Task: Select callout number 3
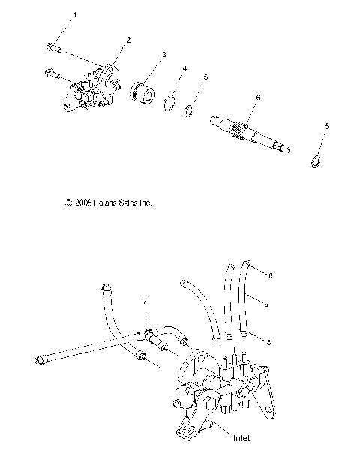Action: pos(164,55)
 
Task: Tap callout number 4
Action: pos(184,69)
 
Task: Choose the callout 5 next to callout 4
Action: pos(206,77)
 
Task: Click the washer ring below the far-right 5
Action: pos(316,160)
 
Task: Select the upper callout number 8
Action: pos(270,276)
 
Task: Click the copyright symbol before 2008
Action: pos(69,203)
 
